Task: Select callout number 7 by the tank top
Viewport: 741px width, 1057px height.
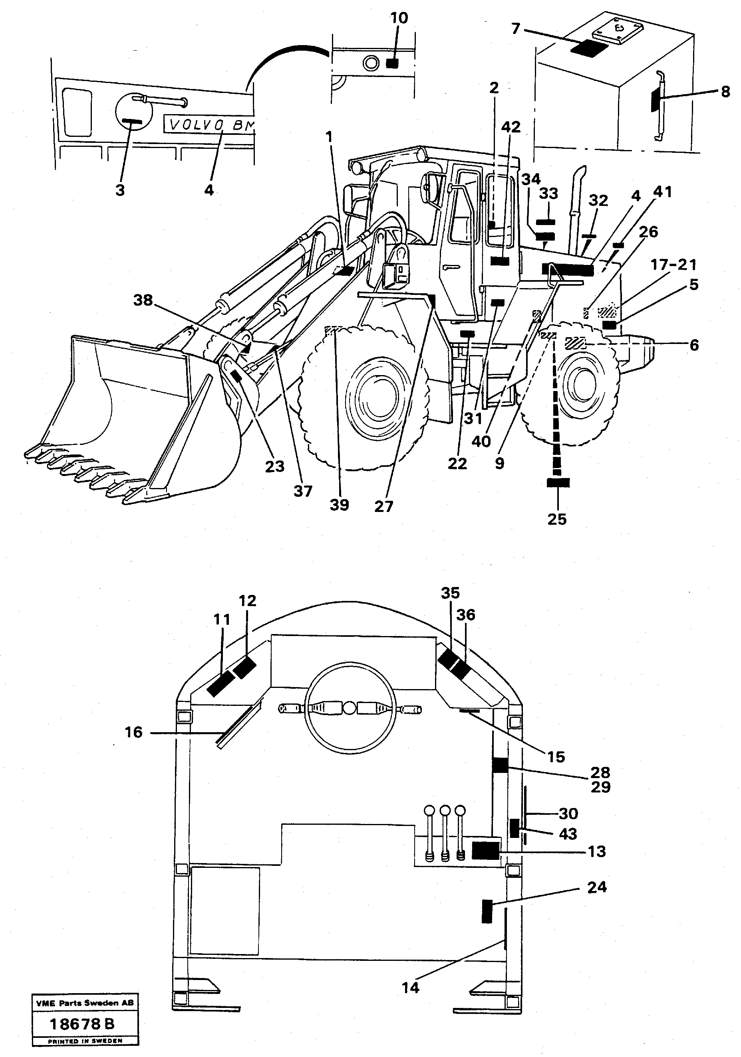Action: click(516, 29)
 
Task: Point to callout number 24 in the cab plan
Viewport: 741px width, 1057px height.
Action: click(596, 887)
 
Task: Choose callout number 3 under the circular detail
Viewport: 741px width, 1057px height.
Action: click(120, 190)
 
